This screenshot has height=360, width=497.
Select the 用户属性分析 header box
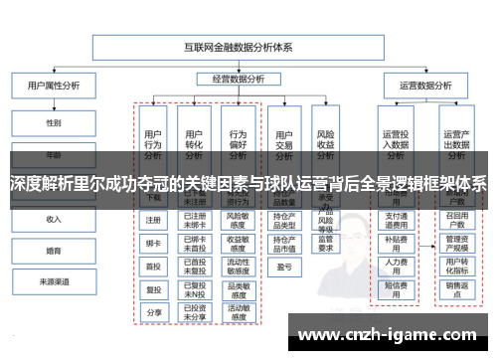[x=53, y=87]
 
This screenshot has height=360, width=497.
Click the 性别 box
[x=53, y=123]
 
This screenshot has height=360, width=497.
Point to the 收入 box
[x=53, y=219]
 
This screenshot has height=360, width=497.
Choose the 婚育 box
[x=53, y=251]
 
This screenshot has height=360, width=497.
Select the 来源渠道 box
[x=53, y=282]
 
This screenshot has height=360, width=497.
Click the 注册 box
[x=153, y=220]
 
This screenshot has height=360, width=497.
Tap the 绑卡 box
[x=153, y=243]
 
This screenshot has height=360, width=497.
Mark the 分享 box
[x=153, y=311]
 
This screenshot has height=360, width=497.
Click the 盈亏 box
[x=282, y=267]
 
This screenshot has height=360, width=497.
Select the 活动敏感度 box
[x=238, y=311]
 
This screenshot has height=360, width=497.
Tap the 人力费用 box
[x=396, y=265]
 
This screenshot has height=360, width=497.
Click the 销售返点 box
[x=456, y=288]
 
